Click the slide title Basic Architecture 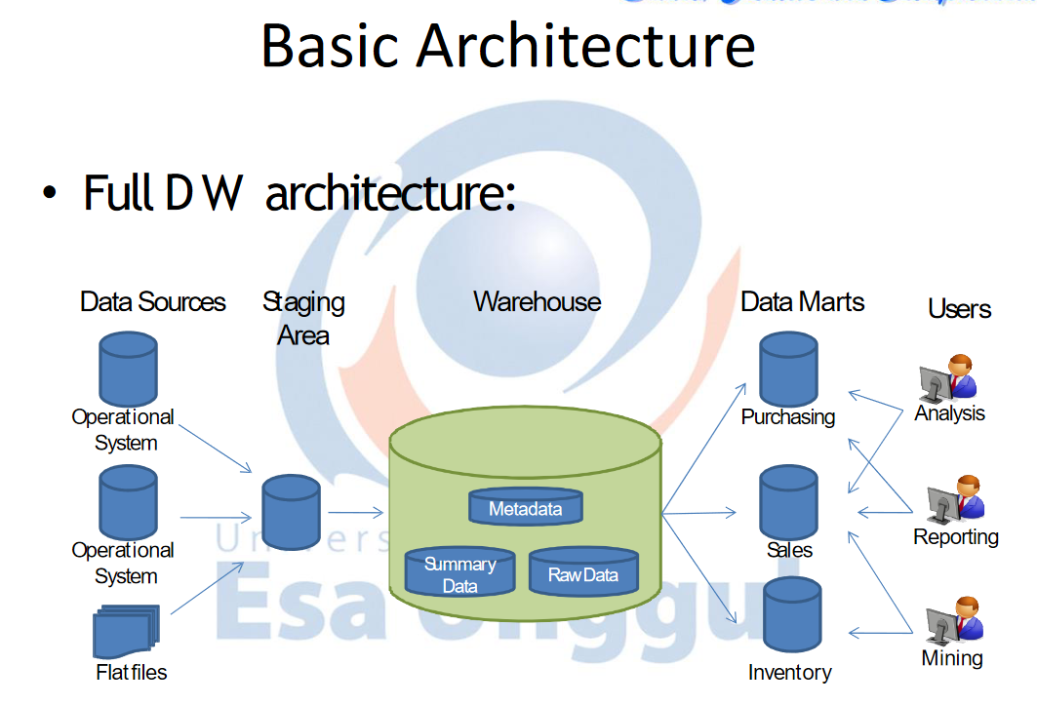(x=507, y=46)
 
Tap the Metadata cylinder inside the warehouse (x=525, y=508)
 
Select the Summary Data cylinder (x=459, y=574)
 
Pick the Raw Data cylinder (x=582, y=573)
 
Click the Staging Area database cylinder (x=291, y=514)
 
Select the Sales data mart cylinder (x=788, y=501)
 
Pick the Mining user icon (x=952, y=622)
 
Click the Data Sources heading (x=153, y=302)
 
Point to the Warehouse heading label (x=537, y=301)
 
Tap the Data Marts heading (x=802, y=301)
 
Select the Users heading (x=959, y=309)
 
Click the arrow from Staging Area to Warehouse (x=356, y=512)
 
